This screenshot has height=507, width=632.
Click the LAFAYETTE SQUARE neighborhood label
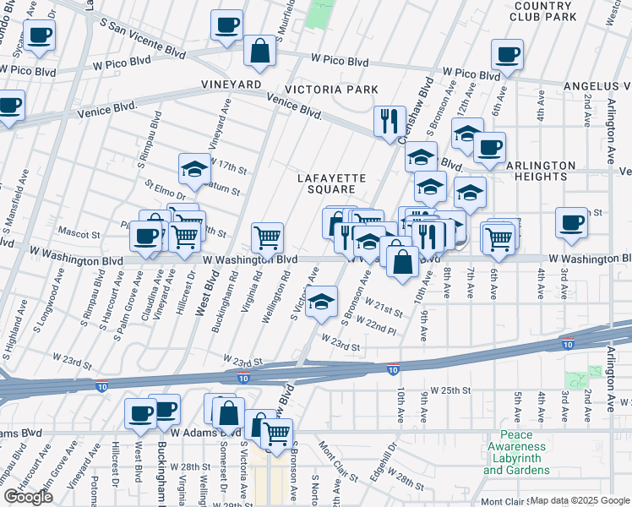coord(331,183)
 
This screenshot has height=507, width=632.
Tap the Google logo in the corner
coord(28,497)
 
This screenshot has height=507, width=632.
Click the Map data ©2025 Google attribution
coord(580,500)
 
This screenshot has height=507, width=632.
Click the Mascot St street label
coord(79,232)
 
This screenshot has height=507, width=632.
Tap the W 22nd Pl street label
coord(376,324)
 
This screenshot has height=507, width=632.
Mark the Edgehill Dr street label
coord(390,452)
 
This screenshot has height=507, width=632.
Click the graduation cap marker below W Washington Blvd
coord(321,302)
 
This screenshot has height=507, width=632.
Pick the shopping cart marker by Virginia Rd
coord(268,237)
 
